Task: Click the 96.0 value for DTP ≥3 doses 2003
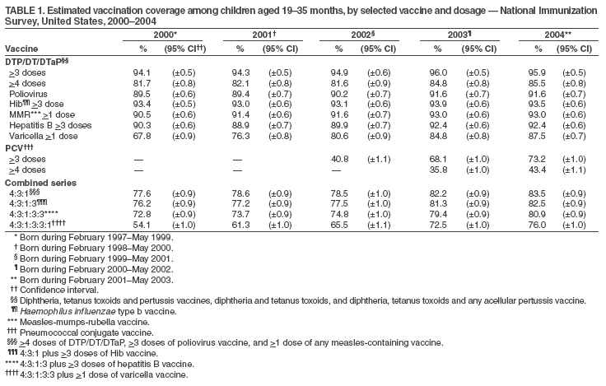440,72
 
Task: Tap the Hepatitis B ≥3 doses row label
49,126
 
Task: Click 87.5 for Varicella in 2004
538,137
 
